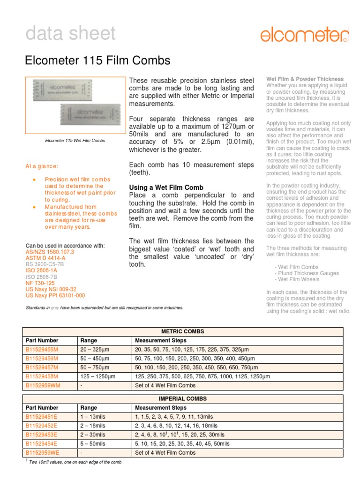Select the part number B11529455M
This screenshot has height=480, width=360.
pos(42,350)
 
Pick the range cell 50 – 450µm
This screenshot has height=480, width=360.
pos(97,359)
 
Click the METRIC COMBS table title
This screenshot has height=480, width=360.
pos(183,331)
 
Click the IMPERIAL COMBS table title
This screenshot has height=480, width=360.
pos(183,399)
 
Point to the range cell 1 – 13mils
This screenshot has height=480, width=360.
pos(93,417)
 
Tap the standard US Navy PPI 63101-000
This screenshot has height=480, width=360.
pos(55,295)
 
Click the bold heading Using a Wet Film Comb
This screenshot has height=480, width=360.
pos(165,187)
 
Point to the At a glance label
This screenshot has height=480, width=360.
pos(42,166)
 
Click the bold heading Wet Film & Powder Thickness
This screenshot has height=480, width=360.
pos(305,79)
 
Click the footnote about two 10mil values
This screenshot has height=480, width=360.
pos(75,462)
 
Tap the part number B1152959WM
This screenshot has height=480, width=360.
pos(43,385)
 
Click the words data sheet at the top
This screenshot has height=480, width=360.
pos(70,34)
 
